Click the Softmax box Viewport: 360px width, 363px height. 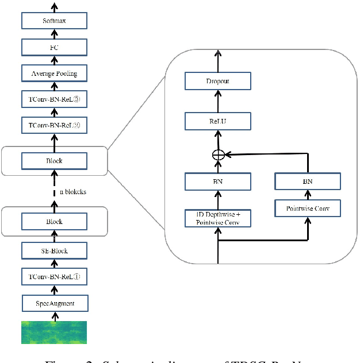coord(54,22)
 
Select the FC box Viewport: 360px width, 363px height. coord(54,48)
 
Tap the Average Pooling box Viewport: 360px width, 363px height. coord(54,73)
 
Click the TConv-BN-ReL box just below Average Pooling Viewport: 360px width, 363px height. coord(54,98)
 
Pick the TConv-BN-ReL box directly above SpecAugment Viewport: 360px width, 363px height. coord(54,276)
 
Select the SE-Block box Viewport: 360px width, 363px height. coord(54,250)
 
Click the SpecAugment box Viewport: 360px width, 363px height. coord(54,302)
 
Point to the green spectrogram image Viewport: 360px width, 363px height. coord(54,332)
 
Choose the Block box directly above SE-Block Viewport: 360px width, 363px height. coord(54,221)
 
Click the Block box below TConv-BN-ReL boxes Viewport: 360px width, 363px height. coord(54,161)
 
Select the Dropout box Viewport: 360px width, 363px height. coord(218,81)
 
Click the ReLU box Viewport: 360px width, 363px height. coord(218,121)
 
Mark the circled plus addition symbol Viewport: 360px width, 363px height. coord(218,154)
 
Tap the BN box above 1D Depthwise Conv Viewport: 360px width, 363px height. coord(218,182)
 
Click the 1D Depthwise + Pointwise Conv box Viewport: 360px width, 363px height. coord(218,218)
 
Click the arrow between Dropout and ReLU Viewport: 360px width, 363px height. coord(218,101)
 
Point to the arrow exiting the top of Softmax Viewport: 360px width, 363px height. coord(54,7)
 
